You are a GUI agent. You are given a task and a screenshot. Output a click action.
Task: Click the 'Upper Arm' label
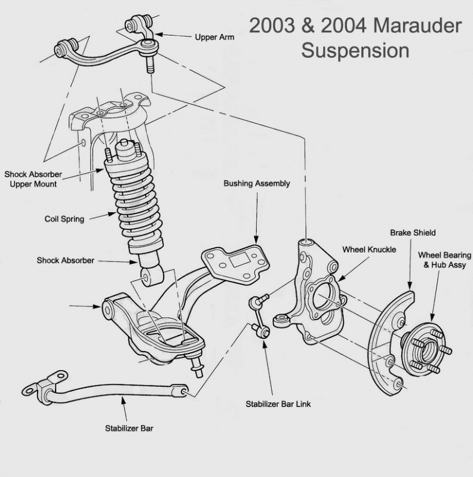click(214, 37)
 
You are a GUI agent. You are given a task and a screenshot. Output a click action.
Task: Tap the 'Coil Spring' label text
click(64, 219)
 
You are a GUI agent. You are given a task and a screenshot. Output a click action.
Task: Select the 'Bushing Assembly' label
click(257, 183)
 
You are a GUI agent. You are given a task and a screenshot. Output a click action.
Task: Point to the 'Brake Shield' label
click(413, 233)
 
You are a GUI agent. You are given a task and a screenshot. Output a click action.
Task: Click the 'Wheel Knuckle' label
click(369, 249)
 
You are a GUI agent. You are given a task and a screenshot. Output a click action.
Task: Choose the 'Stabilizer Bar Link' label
click(278, 404)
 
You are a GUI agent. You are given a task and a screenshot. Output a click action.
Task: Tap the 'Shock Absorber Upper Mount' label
click(33, 179)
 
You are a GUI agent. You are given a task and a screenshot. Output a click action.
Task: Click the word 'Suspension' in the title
click(355, 50)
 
